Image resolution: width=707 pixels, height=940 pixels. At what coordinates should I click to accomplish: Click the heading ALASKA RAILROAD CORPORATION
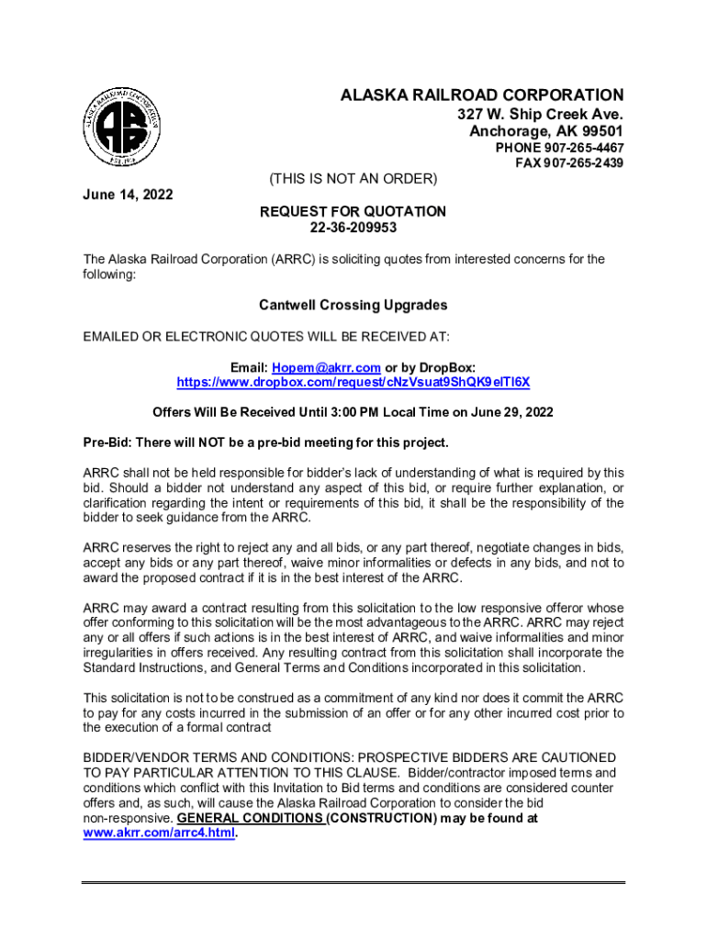(x=482, y=95)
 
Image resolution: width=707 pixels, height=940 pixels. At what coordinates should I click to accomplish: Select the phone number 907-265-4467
(x=572, y=148)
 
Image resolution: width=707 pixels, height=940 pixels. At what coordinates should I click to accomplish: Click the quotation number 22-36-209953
(x=353, y=228)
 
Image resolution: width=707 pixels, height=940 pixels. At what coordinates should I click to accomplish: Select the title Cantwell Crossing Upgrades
(x=353, y=305)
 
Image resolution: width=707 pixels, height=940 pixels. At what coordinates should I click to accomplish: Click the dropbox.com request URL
(x=353, y=381)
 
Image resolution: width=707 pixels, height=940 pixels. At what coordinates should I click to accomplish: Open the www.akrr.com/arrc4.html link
(x=159, y=834)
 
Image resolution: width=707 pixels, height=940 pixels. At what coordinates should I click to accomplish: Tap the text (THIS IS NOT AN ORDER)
(x=352, y=177)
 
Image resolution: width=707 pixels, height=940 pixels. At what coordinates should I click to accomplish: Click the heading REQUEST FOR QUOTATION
(x=353, y=212)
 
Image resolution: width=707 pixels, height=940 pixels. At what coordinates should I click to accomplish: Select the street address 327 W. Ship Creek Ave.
(x=541, y=115)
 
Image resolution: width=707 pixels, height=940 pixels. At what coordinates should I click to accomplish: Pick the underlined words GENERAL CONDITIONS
(x=250, y=818)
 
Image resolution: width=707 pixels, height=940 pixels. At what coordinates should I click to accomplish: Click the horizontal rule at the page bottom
(x=353, y=883)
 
